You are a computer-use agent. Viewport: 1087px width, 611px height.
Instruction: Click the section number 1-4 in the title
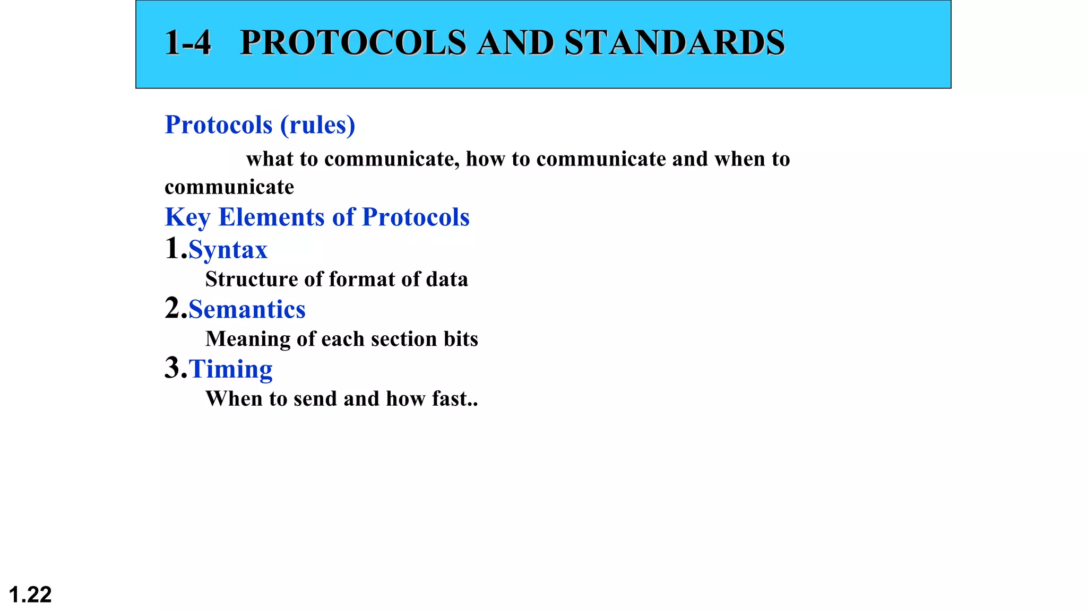(x=188, y=42)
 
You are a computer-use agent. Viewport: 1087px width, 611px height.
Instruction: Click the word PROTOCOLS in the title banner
(x=353, y=42)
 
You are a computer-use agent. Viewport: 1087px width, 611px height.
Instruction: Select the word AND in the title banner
(x=515, y=42)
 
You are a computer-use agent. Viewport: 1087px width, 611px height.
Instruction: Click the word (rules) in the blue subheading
(x=317, y=125)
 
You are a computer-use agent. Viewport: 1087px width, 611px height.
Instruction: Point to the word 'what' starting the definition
(x=269, y=159)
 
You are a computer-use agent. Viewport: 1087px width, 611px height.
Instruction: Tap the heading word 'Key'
(x=187, y=217)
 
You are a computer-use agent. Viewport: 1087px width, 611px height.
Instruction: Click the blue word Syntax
(x=228, y=250)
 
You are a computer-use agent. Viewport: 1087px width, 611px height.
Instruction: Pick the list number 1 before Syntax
(x=172, y=248)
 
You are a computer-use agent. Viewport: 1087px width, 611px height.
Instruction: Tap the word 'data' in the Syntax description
(x=449, y=280)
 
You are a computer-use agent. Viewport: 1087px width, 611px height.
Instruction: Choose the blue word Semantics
(x=247, y=310)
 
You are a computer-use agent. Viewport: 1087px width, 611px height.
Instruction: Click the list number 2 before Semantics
(x=172, y=308)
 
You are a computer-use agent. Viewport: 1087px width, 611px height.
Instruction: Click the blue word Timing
(x=230, y=369)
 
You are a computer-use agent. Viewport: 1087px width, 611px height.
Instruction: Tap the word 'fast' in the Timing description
(x=449, y=399)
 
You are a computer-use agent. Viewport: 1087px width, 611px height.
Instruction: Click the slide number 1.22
(x=30, y=595)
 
